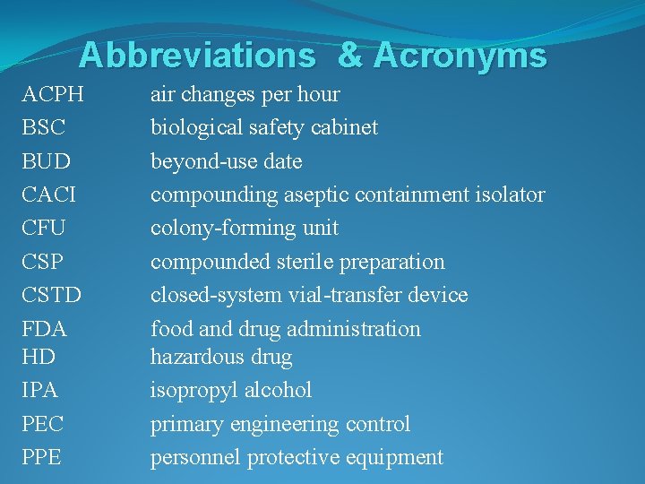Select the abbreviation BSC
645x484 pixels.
[44, 127]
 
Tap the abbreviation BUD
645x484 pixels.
[45, 161]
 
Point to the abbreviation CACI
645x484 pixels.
[48, 194]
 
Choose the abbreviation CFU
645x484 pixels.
[44, 228]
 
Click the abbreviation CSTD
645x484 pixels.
[51, 295]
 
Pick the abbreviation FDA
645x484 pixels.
[45, 329]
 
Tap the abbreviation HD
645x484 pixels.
[39, 357]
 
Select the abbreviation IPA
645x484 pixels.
[40, 390]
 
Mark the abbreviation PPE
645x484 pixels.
[42, 457]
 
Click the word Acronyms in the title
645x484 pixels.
[460, 56]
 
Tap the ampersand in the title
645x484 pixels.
[350, 56]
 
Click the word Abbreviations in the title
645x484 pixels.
[197, 56]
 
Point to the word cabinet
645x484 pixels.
[344, 127]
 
